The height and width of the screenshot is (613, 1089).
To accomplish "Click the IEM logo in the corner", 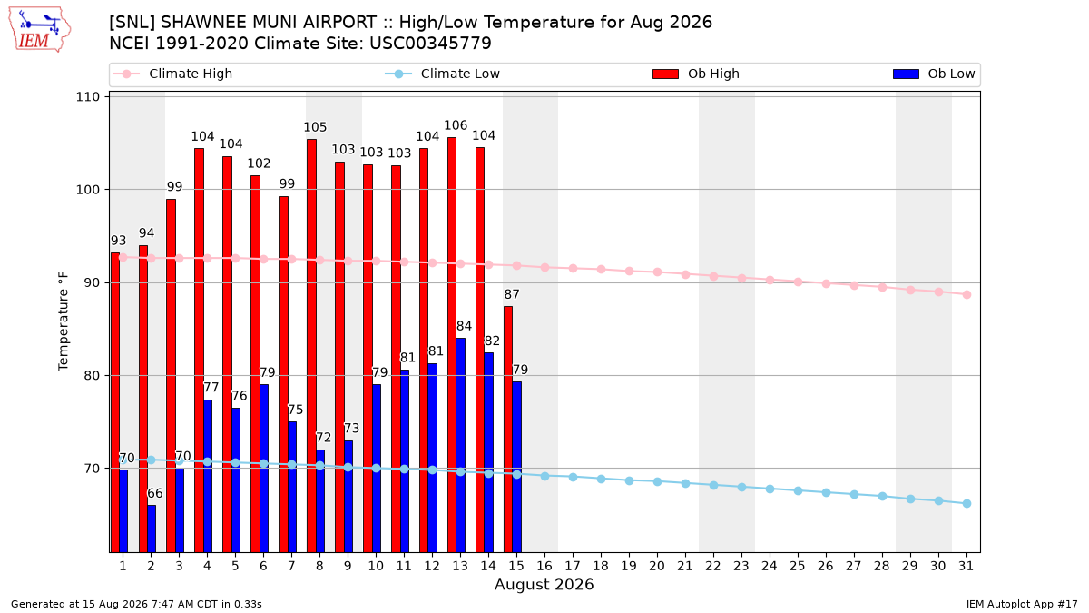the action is coord(39,30).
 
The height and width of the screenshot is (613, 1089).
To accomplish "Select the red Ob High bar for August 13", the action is coord(452,344).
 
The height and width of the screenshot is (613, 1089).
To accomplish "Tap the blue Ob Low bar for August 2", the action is coord(152,529).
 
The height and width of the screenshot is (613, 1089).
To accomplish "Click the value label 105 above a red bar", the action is coord(315,127).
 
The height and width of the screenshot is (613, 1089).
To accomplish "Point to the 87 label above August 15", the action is coord(512,294).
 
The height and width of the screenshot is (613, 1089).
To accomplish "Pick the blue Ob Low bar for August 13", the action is coord(460,445).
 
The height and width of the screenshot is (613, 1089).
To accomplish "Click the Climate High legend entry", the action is coord(172,74).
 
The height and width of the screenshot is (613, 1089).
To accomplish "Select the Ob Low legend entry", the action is coord(934,74).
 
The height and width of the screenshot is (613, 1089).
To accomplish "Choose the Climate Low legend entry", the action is coord(443,74).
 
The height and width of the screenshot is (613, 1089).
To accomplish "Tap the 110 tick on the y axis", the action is coord(87,97).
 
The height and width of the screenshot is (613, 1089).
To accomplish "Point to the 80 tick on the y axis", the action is coord(92,376).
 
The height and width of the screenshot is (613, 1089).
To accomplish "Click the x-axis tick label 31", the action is coord(966,567).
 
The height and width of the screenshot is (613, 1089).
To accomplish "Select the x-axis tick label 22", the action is coord(713,567).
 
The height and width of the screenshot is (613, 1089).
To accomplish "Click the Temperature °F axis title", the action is coord(64,321).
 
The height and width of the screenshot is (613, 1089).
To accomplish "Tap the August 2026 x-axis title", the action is coord(544,584).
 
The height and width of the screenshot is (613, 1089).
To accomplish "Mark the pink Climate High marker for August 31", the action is coord(966,295).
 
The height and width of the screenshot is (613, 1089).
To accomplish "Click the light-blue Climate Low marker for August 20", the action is coord(657,481).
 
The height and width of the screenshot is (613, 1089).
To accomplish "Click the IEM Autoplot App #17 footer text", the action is coord(1022,604).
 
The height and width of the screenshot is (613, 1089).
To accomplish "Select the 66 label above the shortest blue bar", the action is coord(154,493).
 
